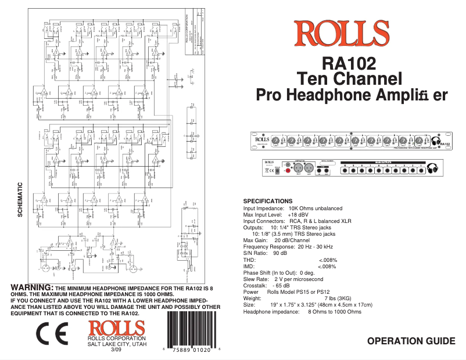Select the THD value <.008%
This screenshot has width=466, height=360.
pyautogui.click(x=328, y=260)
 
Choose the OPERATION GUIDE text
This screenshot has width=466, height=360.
pyautogui.click(x=411, y=341)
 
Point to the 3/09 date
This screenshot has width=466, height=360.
pyautogui.click(x=116, y=350)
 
